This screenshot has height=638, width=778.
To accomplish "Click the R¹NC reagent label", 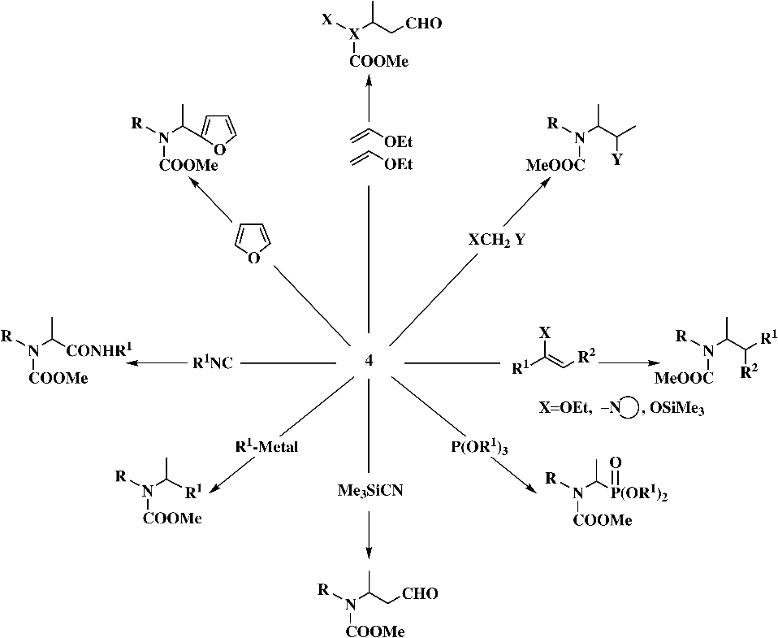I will tap(212, 363).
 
